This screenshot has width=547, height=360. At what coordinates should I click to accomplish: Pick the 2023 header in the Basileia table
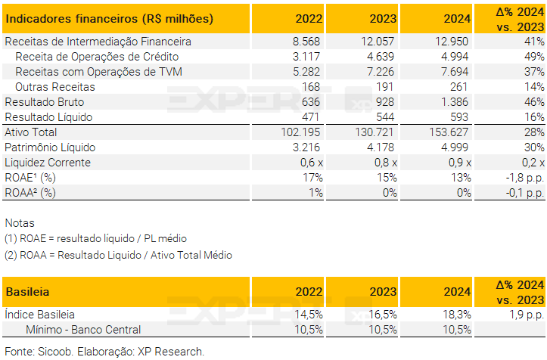(383, 291)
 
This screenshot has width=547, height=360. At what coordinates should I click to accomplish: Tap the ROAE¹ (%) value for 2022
(312, 178)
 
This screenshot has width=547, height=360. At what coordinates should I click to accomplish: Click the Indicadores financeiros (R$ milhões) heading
(109, 18)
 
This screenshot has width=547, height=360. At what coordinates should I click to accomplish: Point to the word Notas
(20, 223)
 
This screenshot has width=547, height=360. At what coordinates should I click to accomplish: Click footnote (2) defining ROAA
(118, 255)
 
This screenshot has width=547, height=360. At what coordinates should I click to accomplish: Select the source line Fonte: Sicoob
(104, 352)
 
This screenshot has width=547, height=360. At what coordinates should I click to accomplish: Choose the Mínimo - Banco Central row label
(83, 330)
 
